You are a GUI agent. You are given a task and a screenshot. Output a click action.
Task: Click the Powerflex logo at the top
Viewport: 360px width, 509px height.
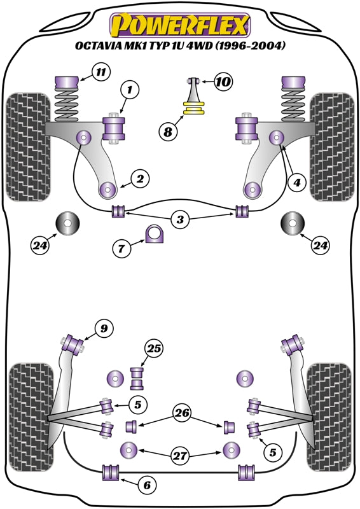click(180, 25)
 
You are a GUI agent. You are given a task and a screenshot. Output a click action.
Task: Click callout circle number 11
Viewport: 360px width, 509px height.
click(101, 72)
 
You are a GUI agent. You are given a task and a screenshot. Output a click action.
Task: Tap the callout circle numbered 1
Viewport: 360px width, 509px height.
click(130, 89)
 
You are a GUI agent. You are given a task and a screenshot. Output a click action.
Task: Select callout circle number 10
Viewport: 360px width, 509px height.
click(223, 81)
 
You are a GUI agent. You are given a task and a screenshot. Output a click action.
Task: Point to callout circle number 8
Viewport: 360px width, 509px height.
click(168, 132)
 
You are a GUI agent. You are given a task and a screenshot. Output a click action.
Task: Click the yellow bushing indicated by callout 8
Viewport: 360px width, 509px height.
click(194, 108)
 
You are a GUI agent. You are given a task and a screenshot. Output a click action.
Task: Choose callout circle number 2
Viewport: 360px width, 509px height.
click(140, 178)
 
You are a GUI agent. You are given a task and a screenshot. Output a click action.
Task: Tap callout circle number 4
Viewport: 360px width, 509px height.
click(297, 183)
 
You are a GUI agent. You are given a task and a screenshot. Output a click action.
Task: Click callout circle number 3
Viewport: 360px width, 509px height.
click(180, 220)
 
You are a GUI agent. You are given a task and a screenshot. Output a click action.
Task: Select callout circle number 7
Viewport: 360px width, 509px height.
click(121, 248)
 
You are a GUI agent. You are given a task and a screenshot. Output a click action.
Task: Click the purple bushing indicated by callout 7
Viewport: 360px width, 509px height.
click(154, 234)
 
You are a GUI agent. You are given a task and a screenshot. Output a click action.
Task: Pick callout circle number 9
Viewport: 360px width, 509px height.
click(104, 329)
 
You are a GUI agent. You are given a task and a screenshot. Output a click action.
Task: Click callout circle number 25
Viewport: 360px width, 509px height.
click(154, 349)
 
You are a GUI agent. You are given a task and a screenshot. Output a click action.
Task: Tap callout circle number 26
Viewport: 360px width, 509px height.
click(182, 413)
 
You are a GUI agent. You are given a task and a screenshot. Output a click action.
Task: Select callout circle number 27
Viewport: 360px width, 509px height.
click(181, 456)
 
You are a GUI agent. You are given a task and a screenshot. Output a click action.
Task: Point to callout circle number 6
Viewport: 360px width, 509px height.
click(147, 485)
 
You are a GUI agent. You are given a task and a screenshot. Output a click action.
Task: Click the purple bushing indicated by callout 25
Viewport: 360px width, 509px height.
click(137, 379)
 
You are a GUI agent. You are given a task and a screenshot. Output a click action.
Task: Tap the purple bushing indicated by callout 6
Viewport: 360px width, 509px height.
click(111, 473)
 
